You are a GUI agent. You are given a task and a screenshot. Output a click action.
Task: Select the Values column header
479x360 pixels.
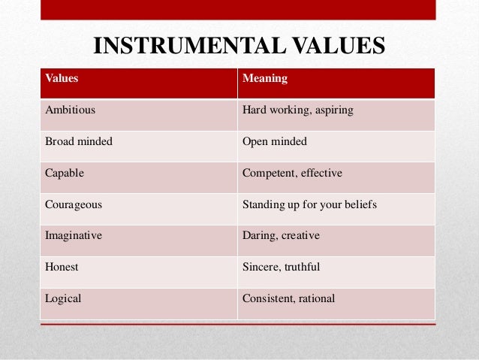62,77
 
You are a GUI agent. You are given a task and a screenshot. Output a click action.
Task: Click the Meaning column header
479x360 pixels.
265,77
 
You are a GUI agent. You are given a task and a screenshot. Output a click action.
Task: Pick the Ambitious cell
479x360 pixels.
71,110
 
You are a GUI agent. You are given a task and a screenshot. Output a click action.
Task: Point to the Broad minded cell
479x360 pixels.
79,141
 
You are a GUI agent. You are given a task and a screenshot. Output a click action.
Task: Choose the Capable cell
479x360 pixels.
65,173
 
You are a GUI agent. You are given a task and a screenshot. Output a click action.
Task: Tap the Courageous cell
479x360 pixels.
74,204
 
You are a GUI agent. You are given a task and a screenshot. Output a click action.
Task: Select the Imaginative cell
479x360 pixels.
74,235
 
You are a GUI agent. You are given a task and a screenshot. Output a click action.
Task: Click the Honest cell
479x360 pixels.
62,267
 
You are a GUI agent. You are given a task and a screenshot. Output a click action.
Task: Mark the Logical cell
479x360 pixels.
64,298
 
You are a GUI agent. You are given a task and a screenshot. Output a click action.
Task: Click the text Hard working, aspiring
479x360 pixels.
297,110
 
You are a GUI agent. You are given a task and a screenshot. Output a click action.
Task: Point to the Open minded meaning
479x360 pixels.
275,141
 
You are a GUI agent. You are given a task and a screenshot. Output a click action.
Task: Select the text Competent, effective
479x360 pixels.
292,173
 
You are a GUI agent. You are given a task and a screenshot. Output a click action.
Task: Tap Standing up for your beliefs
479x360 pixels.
309,204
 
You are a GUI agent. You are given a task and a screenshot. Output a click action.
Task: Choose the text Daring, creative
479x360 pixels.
281,235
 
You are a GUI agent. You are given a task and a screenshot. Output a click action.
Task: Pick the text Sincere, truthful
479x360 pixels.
282,267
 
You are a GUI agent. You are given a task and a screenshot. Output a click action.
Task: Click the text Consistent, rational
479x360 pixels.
289,298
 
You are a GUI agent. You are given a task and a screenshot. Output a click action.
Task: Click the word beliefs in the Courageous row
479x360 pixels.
360,204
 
